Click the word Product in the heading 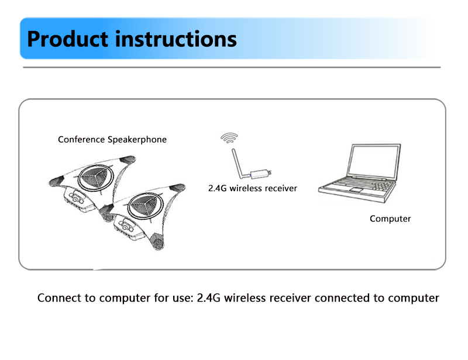pyautogui.click(x=67, y=39)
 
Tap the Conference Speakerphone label pyautogui.click(x=112, y=140)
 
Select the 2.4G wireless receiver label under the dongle pyautogui.click(x=253, y=188)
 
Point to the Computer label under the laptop pyautogui.click(x=390, y=219)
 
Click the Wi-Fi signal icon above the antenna pyautogui.click(x=229, y=139)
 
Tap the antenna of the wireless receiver pyautogui.click(x=236, y=163)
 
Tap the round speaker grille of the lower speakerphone pyautogui.click(x=143, y=205)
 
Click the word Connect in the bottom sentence pyautogui.click(x=59, y=298)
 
